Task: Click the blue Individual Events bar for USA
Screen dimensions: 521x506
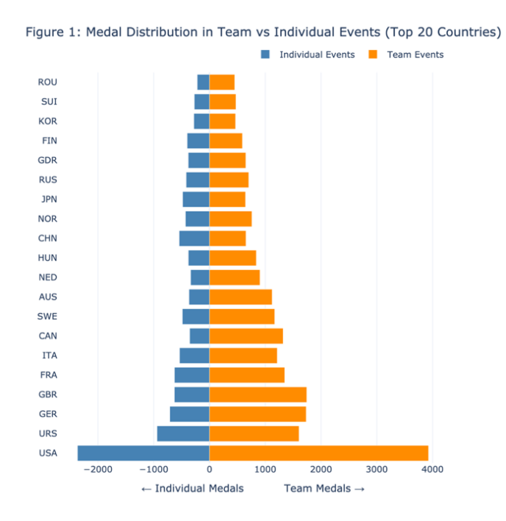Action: pyautogui.click(x=143, y=453)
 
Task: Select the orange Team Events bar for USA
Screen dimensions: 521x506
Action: pyautogui.click(x=318, y=453)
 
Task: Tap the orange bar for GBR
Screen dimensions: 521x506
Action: pyautogui.click(x=257, y=394)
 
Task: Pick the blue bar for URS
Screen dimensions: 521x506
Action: pyautogui.click(x=183, y=433)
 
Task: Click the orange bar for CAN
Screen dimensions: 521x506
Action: pyautogui.click(x=246, y=336)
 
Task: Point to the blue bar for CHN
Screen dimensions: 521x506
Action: pyautogui.click(x=194, y=238)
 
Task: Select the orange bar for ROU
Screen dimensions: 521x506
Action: pyautogui.click(x=221, y=82)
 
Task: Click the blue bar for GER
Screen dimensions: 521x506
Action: pyautogui.click(x=190, y=414)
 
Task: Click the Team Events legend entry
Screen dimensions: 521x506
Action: pyautogui.click(x=405, y=54)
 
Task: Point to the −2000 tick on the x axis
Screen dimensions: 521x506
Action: pyautogui.click(x=97, y=469)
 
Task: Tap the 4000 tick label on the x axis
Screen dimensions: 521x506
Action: pyautogui.click(x=432, y=469)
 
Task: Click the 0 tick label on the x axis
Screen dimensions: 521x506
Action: pyautogui.click(x=209, y=469)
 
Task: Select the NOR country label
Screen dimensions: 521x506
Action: pyautogui.click(x=48, y=219)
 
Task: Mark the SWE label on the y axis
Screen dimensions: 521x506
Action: pyautogui.click(x=48, y=316)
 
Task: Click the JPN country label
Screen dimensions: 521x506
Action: pyautogui.click(x=48, y=199)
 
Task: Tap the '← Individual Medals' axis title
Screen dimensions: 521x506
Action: pyautogui.click(x=192, y=488)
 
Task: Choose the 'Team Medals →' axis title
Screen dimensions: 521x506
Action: pyautogui.click(x=324, y=488)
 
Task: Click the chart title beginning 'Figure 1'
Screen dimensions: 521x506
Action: pyautogui.click(x=263, y=32)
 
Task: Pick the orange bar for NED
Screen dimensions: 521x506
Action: pyautogui.click(x=235, y=277)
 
